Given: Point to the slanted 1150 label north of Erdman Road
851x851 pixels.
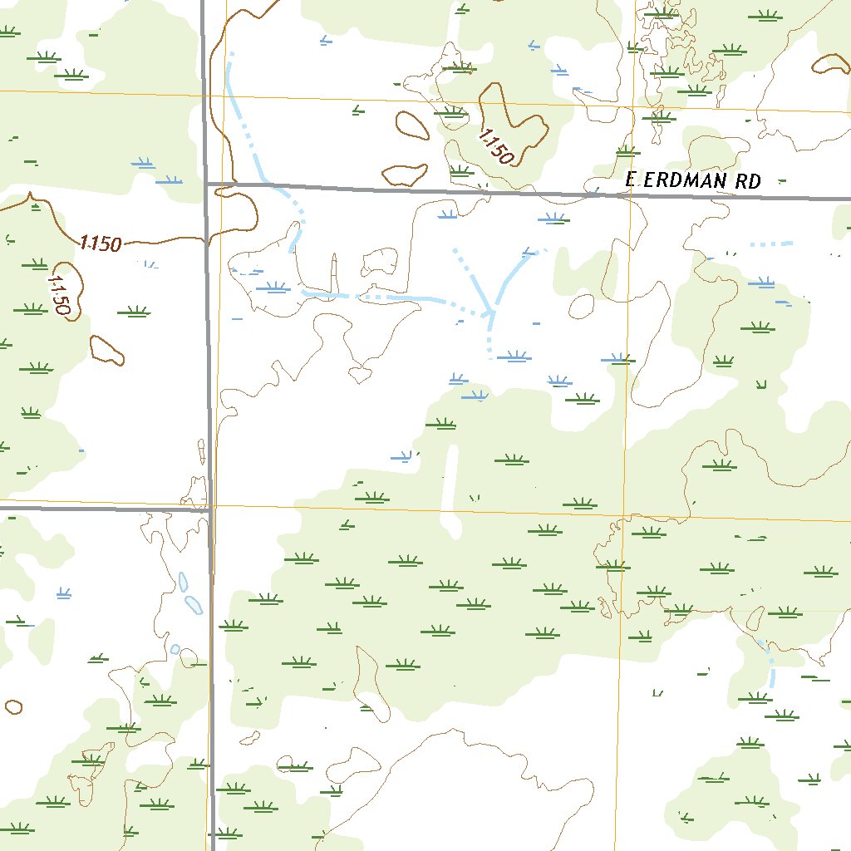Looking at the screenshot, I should (496, 146).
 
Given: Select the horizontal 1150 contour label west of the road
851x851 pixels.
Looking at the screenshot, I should (101, 243).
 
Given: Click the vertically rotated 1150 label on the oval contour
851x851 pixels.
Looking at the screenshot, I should (59, 292).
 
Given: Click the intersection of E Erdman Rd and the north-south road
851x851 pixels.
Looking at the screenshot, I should (207, 183).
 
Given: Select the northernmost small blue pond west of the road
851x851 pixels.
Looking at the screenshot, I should (183, 582).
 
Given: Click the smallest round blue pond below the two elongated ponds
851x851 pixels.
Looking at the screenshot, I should (175, 649).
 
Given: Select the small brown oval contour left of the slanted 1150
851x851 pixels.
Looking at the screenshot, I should (411, 125).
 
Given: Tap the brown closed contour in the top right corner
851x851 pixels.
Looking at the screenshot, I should (833, 65).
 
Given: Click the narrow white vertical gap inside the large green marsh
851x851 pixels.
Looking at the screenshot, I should (451, 490).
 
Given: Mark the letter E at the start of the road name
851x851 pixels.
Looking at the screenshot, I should (631, 180).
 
